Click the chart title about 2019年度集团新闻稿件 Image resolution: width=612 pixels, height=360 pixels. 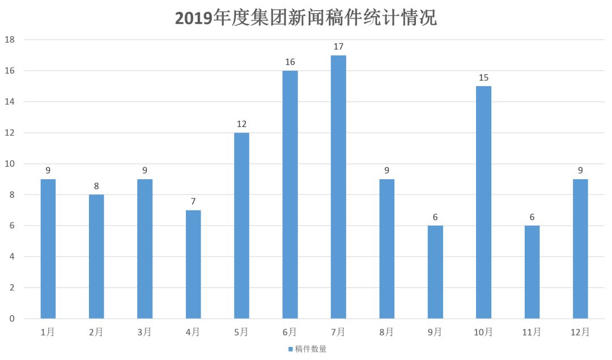coord(306,18)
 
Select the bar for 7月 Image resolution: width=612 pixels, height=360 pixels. coord(338,187)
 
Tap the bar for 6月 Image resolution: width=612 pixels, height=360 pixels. coord(290,194)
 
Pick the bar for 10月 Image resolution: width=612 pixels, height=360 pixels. coord(483,202)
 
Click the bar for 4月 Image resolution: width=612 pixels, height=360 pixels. coord(193,264)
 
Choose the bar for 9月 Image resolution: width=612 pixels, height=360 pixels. coord(435,272)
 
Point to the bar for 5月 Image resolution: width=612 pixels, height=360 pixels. coord(241,226)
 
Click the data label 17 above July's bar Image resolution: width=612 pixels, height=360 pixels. coord(338,46)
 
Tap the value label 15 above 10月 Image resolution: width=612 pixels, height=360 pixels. coord(483,78)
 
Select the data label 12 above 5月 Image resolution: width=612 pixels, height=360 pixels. coord(241,124)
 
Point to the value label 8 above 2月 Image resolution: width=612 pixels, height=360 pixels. coord(96,186)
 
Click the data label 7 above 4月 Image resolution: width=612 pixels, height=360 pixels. coord(193,201)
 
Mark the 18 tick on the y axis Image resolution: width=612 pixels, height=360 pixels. coord(10,40)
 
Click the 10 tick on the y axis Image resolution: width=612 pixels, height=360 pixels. coord(10,164)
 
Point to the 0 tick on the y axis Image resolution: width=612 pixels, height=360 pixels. coord(11,319)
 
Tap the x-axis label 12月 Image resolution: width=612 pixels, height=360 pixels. coord(580,332)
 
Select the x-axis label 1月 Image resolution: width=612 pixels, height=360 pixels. coord(48,332)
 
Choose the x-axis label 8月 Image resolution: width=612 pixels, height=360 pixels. coord(386,332)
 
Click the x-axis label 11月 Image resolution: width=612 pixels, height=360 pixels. coord(532,332)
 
